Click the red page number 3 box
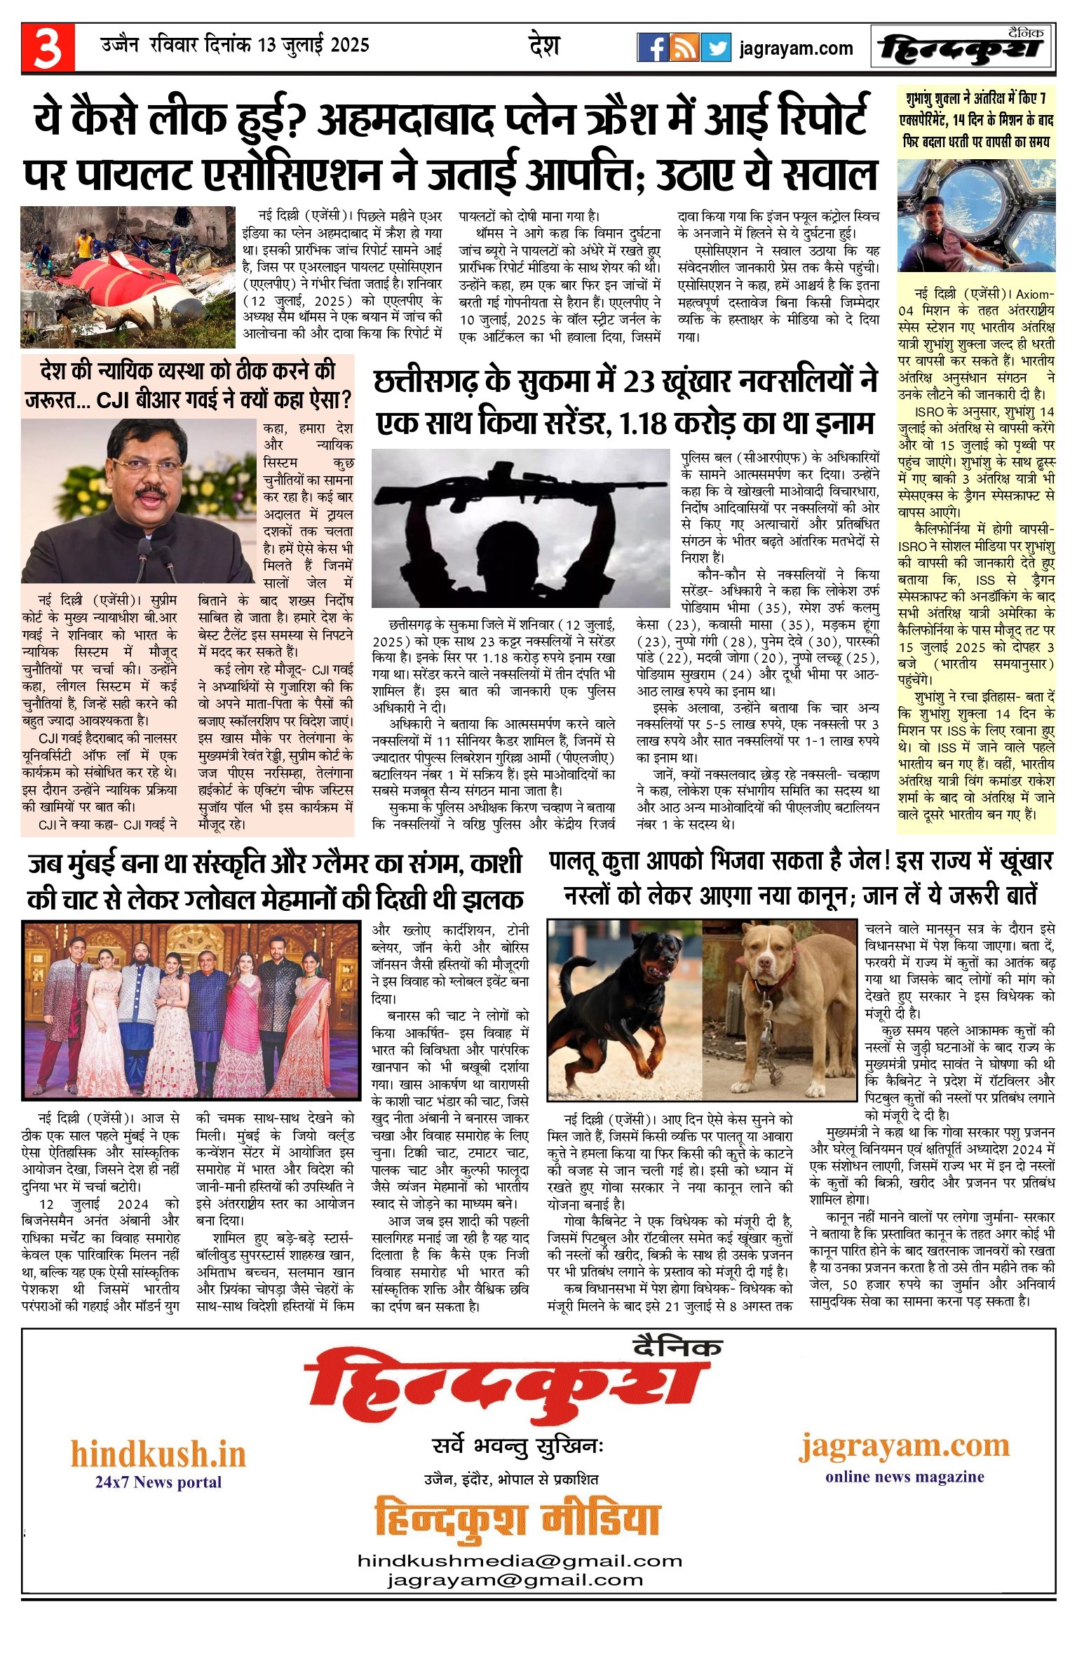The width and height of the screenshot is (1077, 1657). (48, 48)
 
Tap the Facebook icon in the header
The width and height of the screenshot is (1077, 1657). (653, 48)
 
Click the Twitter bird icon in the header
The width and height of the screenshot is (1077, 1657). (716, 48)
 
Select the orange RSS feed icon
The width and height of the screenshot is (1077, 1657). (684, 48)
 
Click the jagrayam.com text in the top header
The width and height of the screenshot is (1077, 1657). (796, 48)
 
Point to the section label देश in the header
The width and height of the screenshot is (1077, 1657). (544, 46)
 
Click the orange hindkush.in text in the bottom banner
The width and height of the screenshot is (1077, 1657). (158, 1454)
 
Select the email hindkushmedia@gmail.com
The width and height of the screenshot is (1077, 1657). (520, 1561)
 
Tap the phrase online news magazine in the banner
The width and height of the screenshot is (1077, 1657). (905, 1476)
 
